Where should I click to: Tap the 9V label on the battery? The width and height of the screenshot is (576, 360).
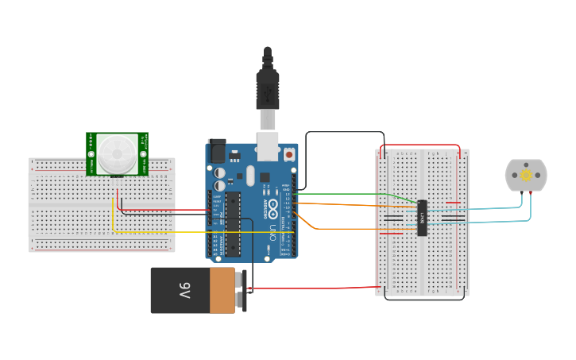click(184, 291)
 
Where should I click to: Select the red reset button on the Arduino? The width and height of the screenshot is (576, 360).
click(288, 156)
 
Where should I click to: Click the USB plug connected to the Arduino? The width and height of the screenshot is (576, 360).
click(267, 87)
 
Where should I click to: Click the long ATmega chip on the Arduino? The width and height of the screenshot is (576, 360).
click(232, 224)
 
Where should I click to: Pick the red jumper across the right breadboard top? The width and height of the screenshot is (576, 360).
click(419, 145)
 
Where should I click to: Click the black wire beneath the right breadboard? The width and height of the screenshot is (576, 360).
click(421, 299)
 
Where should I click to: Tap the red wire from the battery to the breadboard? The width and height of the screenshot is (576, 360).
click(318, 288)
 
